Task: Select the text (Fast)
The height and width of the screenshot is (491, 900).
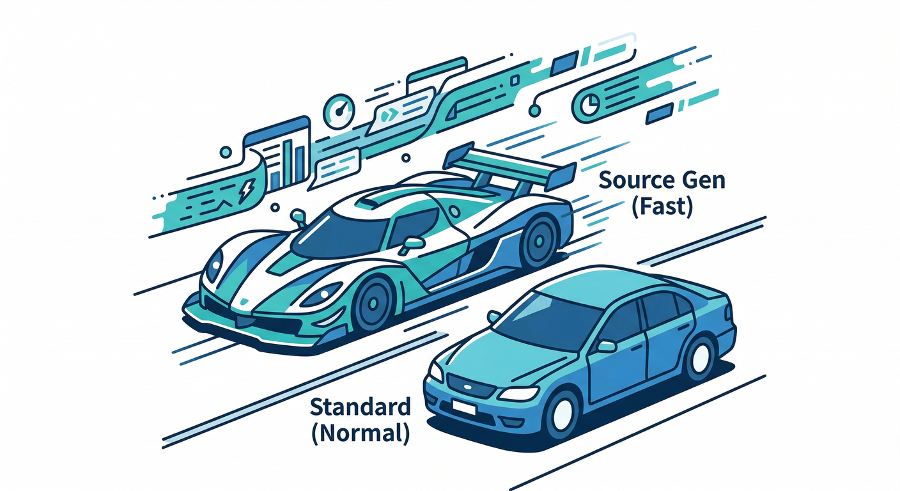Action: pyautogui.click(x=662, y=207)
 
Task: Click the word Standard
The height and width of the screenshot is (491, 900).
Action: pyautogui.click(x=361, y=407)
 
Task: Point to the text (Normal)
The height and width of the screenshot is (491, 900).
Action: pyautogui.click(x=361, y=433)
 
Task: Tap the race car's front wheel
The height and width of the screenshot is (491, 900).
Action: pyautogui.click(x=373, y=302)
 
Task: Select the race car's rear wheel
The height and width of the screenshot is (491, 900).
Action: pyautogui.click(x=539, y=242)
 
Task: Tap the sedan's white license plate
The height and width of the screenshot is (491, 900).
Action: pyautogui.click(x=463, y=407)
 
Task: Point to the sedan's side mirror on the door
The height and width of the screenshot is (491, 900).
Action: pyautogui.click(x=606, y=346)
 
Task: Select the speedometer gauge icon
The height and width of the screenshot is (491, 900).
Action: pyautogui.click(x=339, y=111)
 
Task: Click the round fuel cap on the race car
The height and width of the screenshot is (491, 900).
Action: pyautogui.click(x=454, y=212)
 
